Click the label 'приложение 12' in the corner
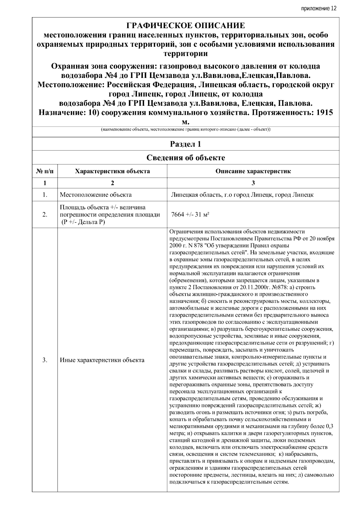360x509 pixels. tap(319, 8)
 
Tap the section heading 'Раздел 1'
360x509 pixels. tap(186, 144)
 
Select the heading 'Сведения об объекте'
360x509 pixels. tap(186, 158)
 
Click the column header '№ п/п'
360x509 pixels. tap(45, 171)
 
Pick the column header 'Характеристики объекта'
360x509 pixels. tap(112, 171)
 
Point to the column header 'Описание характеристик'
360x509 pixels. tap(253, 171)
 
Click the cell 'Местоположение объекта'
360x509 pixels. tap(96, 195)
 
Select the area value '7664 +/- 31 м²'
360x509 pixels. tap(190, 215)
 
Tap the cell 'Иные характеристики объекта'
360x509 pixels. tap(102, 360)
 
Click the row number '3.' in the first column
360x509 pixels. tap(45, 360)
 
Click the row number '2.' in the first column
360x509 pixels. tap(45, 215)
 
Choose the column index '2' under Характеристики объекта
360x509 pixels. tap(112, 183)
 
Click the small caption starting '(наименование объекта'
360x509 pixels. tap(186, 130)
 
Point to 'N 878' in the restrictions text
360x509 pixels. tap(190, 245)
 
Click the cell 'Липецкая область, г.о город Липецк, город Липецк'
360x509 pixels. tap(242, 195)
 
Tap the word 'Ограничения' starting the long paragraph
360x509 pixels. tap(185, 231)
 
